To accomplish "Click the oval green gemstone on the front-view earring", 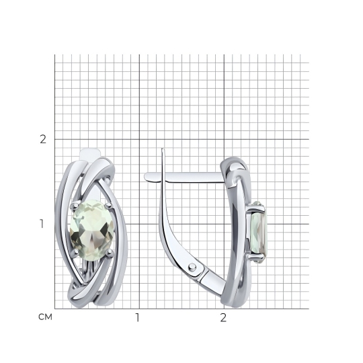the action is tap(91, 231).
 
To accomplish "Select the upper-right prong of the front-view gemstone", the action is tap(108, 205).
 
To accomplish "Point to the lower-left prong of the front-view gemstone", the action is tap(75, 252).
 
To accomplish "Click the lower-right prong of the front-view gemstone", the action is tap(110, 253).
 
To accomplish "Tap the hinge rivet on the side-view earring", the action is tap(192, 267).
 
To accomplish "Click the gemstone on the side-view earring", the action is tap(259, 232).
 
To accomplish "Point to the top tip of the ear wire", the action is tap(162, 149).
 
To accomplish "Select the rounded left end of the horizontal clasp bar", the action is tap(147, 177).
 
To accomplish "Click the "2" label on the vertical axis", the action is tap(43, 139).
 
